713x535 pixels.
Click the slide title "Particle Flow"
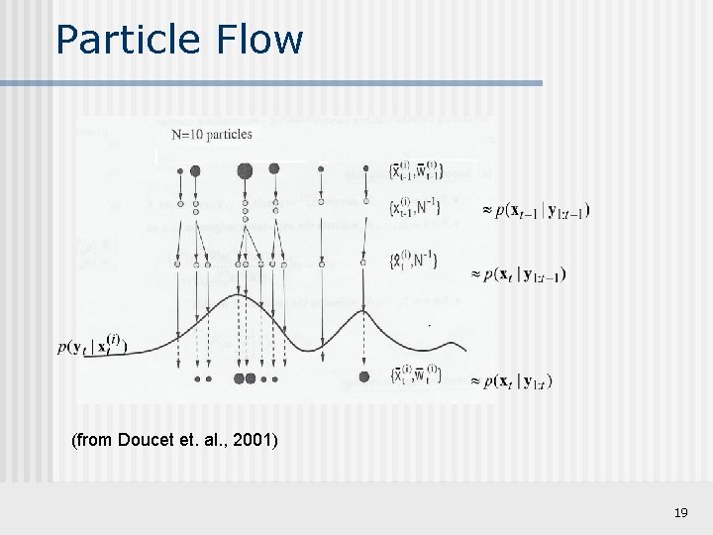(179, 40)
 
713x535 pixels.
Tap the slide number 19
(680, 512)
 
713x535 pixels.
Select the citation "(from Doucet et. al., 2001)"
(174, 439)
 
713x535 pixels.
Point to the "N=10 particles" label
(212, 135)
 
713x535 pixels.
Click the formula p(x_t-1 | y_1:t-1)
(542, 210)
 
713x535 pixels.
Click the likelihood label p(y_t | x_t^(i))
(93, 346)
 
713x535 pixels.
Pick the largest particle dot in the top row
(245, 170)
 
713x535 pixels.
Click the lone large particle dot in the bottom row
(364, 377)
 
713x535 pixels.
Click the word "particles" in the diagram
(230, 135)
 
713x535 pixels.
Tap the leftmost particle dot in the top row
(179, 170)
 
